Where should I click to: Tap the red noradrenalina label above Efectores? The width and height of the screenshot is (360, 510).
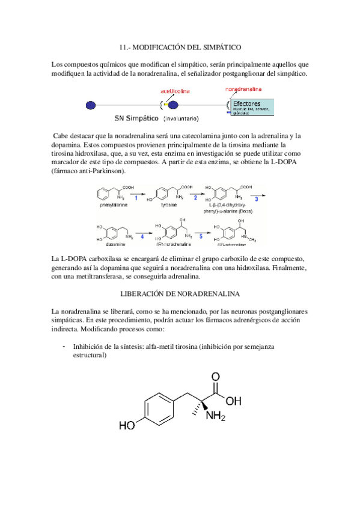[243, 88]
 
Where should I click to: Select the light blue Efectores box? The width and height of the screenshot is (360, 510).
[251, 106]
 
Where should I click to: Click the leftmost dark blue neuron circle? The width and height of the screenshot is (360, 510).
[91, 105]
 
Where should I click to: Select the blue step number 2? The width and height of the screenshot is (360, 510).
[195, 197]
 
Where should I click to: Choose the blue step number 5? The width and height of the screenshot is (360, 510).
[201, 236]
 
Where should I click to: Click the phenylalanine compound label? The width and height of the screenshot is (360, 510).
[114, 205]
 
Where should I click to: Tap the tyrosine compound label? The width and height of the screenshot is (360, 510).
[169, 205]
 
